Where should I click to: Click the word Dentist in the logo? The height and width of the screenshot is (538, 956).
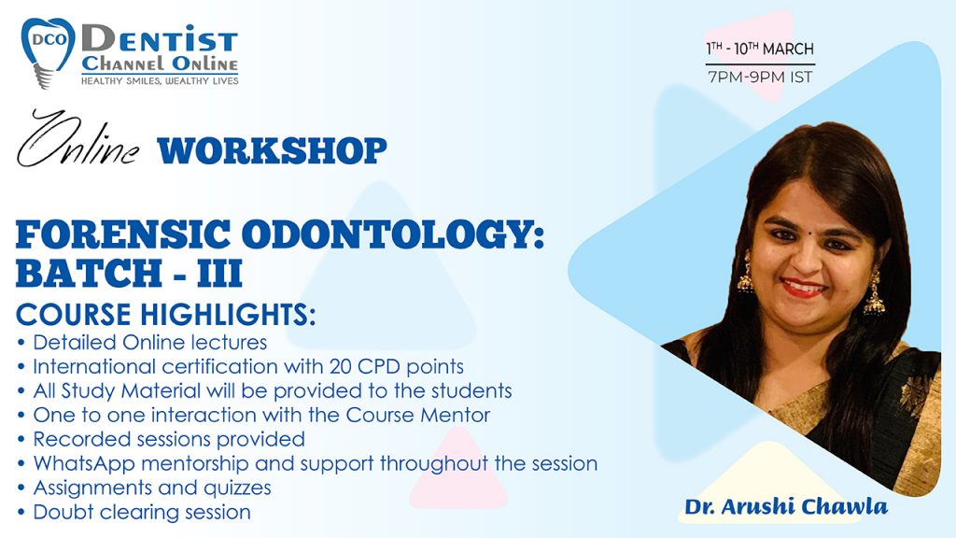pos(159,39)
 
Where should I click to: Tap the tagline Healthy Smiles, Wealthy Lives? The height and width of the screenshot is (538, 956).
pos(160,80)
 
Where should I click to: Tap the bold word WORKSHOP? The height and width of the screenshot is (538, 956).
pos(272,150)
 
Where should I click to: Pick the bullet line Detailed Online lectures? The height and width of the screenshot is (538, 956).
pos(149,342)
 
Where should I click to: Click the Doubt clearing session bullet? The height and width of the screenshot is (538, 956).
pos(142,512)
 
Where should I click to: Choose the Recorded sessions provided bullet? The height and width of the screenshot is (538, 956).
pos(169,439)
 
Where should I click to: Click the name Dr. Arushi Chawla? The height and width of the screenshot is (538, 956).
pos(785,507)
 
